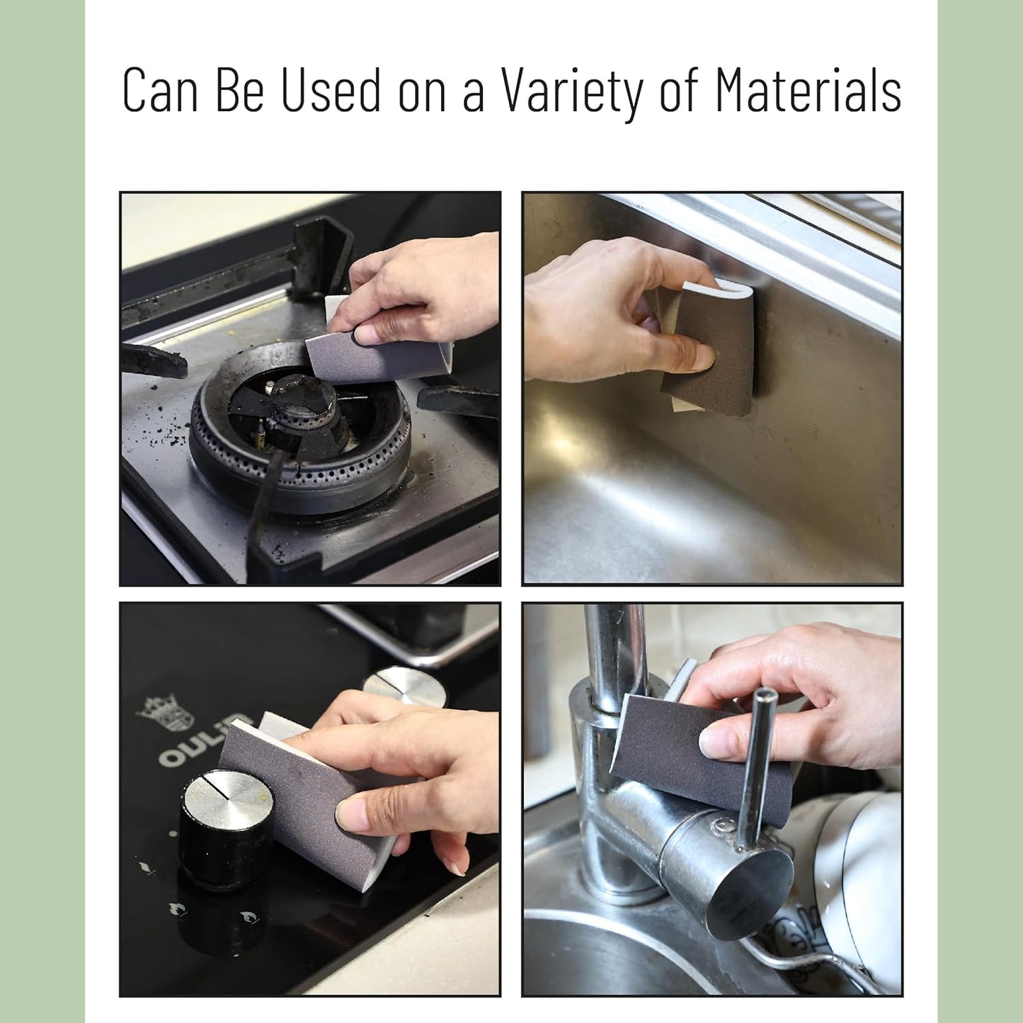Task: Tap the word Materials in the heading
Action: [808, 88]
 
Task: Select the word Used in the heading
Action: [331, 89]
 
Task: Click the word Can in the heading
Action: [160, 89]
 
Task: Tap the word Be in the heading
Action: [239, 89]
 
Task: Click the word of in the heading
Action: [678, 88]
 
